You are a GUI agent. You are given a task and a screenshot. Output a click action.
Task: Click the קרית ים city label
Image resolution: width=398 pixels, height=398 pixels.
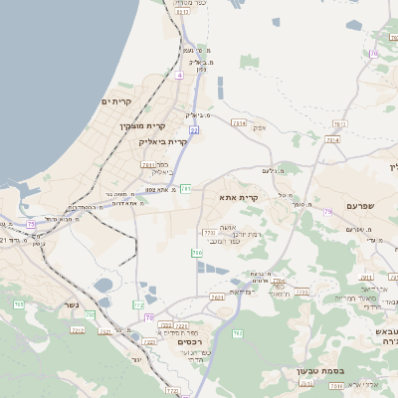pyautogui.click(x=116, y=101)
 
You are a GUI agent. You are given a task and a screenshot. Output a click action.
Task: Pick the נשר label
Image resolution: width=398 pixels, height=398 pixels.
pyautogui.click(x=71, y=302)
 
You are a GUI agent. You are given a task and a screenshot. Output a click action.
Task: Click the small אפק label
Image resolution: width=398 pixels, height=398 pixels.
pyautogui.click(x=260, y=128)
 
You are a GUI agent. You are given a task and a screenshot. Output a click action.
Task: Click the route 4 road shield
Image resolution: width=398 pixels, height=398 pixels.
pyautogui.click(x=180, y=76)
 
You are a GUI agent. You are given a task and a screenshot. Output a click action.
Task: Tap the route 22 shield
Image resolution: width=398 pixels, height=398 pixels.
pyautogui.click(x=194, y=129)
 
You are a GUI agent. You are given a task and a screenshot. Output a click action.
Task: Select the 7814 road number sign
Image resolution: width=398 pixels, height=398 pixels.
pyautogui.click(x=238, y=122)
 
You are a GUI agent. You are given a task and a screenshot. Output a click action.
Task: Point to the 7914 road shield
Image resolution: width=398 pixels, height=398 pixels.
pyautogui.click(x=331, y=140)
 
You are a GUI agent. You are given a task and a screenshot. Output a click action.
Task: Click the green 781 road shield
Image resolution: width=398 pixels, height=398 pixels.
pyautogui.click(x=186, y=188)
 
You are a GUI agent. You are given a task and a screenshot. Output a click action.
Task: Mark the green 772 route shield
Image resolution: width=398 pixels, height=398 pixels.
pyautogui.click(x=138, y=303)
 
